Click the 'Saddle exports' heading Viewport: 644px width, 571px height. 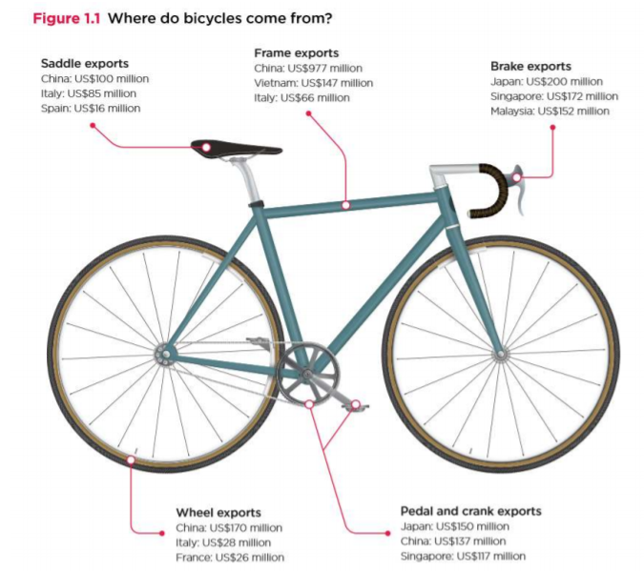click(x=84, y=64)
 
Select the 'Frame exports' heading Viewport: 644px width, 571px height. click(x=296, y=52)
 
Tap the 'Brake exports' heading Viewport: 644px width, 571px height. click(x=530, y=67)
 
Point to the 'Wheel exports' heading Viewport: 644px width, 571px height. click(x=218, y=513)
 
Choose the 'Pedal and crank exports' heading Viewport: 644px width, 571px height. click(x=470, y=511)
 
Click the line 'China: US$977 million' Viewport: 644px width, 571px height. click(x=307, y=68)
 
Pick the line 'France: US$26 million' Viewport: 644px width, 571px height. click(x=230, y=558)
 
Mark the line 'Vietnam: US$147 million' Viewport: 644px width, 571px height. click(x=313, y=83)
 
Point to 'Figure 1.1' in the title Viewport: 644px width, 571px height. click(x=68, y=18)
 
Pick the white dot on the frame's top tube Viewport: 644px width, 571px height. click(x=346, y=204)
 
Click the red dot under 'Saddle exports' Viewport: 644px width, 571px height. click(x=93, y=125)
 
